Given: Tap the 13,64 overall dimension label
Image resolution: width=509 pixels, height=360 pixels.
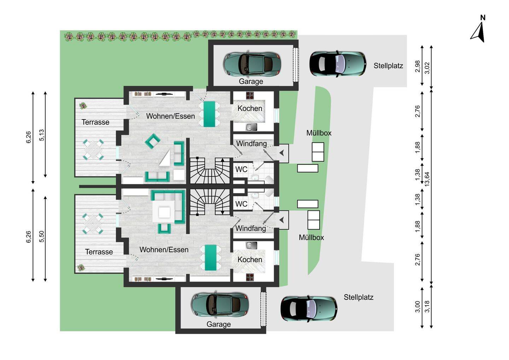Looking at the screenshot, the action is (x=427, y=179).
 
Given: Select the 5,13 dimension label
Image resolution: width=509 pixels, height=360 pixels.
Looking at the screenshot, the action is (x=42, y=135).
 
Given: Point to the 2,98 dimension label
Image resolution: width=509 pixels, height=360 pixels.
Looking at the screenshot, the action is (x=418, y=66).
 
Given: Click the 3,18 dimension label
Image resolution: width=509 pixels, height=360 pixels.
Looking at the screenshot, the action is (x=427, y=306).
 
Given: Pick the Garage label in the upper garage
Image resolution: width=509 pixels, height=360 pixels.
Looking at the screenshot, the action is (x=251, y=81).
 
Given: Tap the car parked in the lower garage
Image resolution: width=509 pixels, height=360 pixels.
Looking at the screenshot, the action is (x=220, y=304).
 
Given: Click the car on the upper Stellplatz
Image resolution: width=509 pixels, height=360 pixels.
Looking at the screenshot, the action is (x=338, y=64).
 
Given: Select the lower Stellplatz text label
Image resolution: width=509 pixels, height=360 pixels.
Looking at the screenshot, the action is (x=358, y=297).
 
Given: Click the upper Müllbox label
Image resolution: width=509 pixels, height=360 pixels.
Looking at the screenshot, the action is (x=319, y=133).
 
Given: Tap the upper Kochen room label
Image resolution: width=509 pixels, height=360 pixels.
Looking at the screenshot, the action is (x=250, y=109).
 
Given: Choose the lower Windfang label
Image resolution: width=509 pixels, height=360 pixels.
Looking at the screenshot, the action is (x=250, y=228).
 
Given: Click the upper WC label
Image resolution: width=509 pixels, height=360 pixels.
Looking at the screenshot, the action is (x=241, y=169).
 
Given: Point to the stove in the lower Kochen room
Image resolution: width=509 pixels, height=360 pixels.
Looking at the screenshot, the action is (x=250, y=277).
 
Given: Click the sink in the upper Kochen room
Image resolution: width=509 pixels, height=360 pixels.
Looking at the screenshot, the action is (x=251, y=127).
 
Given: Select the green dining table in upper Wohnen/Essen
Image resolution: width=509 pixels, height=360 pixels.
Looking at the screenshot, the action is (x=209, y=114).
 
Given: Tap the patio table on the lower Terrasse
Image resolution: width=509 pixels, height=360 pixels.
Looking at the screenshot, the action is (x=93, y=224).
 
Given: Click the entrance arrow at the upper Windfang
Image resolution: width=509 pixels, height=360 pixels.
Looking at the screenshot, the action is (x=282, y=153).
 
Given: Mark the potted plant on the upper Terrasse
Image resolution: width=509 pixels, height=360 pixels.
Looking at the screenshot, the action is (x=83, y=106).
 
